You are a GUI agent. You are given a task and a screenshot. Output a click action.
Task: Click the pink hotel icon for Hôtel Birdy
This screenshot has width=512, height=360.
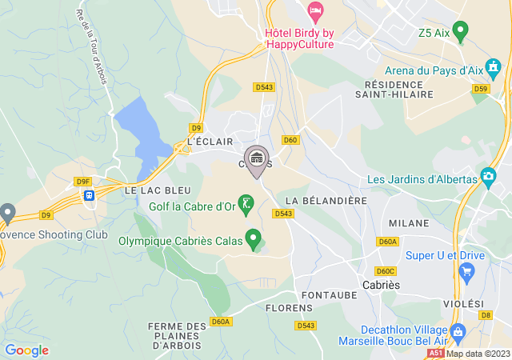click(315, 12)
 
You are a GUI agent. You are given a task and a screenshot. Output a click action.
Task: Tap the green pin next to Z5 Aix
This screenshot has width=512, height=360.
click(459, 31)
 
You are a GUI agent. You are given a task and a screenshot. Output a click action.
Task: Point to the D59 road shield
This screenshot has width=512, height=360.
click(481, 89)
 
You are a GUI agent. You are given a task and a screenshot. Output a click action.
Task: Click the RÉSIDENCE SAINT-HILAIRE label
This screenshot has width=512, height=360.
click(398, 89)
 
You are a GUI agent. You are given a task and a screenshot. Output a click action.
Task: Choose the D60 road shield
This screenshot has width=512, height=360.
click(290, 140)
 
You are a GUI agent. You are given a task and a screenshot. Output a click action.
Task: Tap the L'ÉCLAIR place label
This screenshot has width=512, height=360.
click(210, 142)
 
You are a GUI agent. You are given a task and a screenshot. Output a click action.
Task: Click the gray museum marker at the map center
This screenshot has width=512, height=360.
click(257, 158)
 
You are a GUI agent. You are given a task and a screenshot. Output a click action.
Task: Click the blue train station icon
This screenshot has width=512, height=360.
click(90, 194)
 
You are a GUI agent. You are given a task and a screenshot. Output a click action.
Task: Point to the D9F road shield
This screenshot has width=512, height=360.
click(82, 182)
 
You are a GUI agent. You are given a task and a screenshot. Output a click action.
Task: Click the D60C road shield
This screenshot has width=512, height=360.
click(386, 270)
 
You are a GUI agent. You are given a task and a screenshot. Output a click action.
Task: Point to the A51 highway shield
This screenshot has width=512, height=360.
click(435, 352)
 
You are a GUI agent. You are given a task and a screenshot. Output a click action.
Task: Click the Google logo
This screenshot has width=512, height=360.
click(26, 350)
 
